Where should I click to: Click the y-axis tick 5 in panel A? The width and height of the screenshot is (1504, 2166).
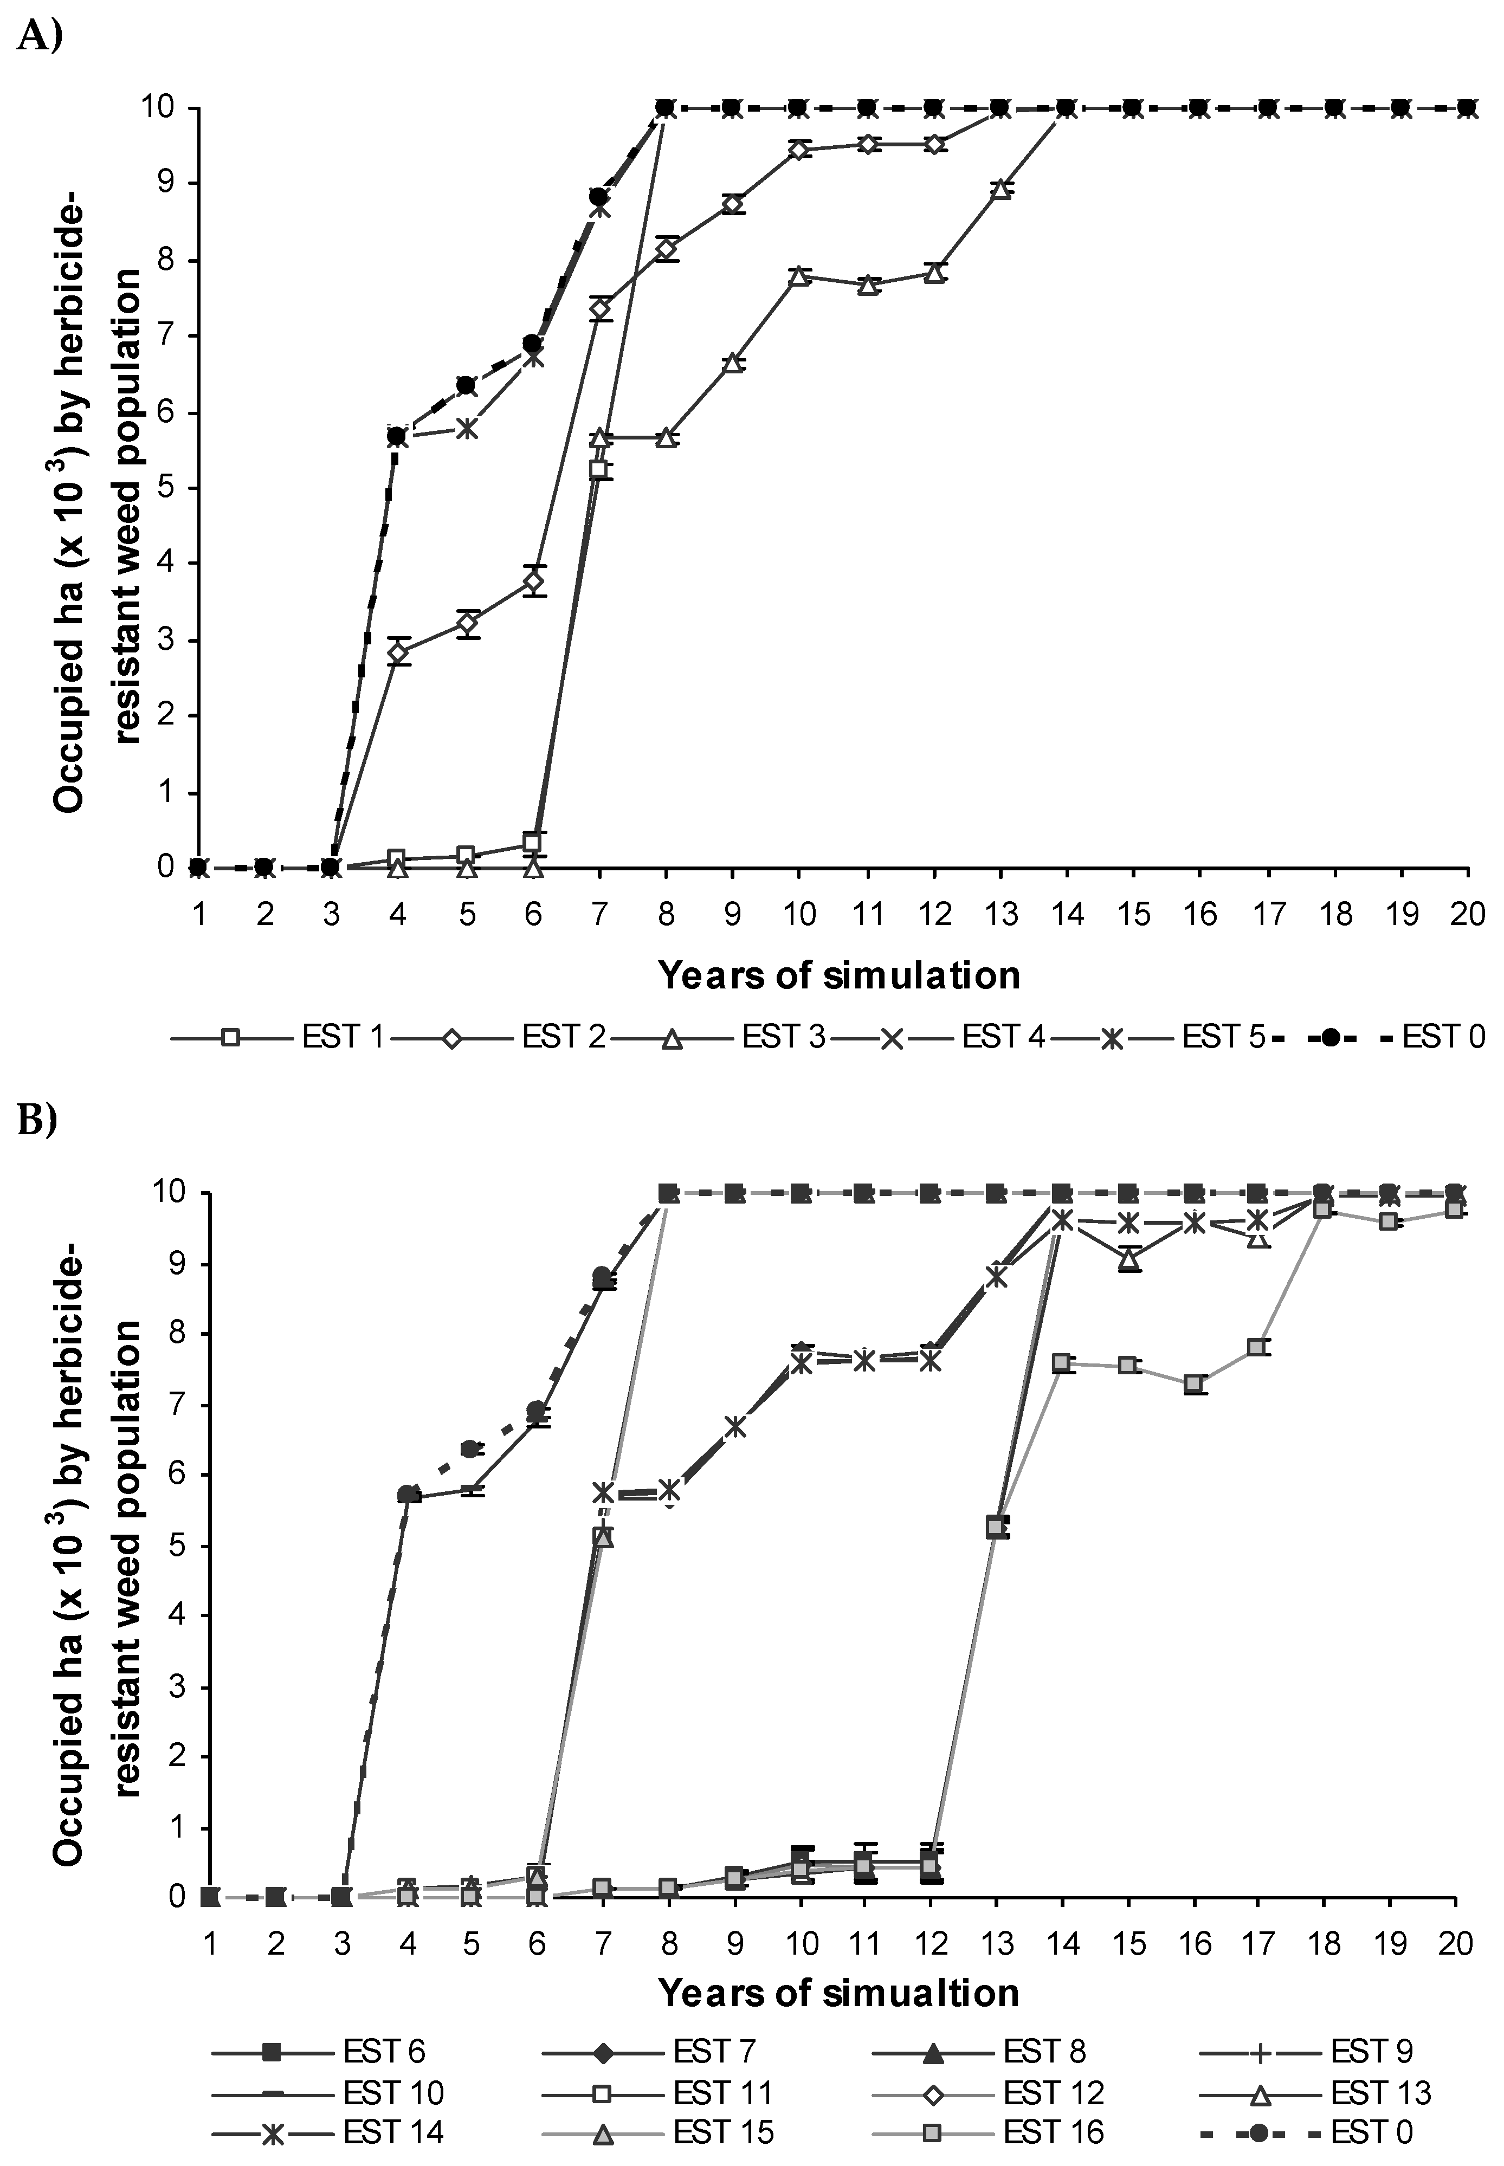[167, 488]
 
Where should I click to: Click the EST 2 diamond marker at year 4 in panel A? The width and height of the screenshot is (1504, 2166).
[398, 652]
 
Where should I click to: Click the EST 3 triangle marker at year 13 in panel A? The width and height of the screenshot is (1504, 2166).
[1001, 189]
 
